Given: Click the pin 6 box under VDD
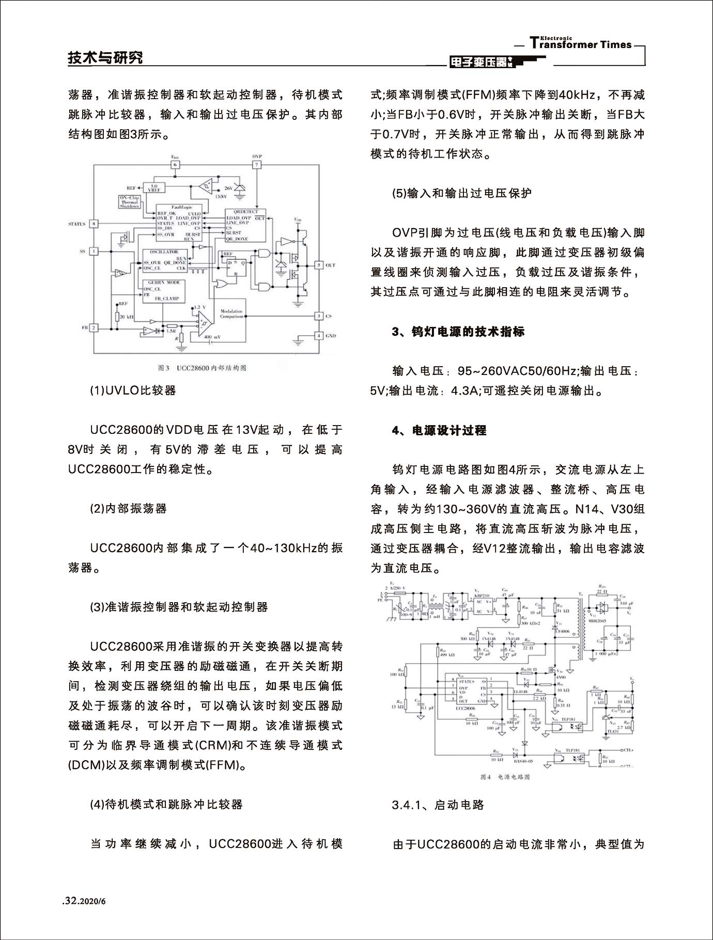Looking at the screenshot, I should pos(175,165).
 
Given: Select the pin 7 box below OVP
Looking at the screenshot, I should pos(257,165).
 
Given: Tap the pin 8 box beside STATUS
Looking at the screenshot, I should pos(94,224).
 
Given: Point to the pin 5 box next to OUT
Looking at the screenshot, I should pos(319,265).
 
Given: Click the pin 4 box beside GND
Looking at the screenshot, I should pos(319,335).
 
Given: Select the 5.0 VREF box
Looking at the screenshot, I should pos(154,188).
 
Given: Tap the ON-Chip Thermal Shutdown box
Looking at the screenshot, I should pos(130,202).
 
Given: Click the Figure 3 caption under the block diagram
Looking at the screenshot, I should pos(202,368).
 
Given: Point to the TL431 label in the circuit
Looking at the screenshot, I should pos(613,731).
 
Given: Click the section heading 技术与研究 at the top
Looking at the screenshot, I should pos(105,57).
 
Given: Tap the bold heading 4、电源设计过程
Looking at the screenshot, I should pos(439,430).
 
